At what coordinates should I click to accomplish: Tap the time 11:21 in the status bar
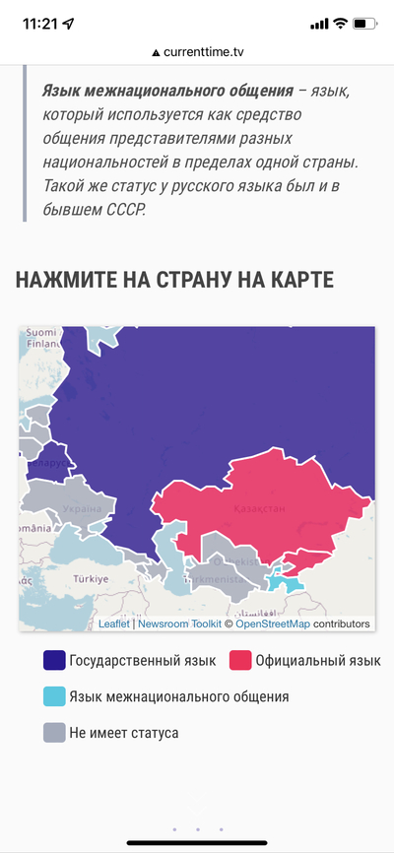pos(40,23)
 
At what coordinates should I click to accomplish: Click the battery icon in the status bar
pos(364,23)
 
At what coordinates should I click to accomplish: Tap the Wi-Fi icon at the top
pos(341,23)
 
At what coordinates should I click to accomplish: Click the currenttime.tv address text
pos(203,51)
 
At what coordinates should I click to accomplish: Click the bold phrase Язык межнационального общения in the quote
pos(167,91)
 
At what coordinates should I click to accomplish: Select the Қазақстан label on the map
pos(260,508)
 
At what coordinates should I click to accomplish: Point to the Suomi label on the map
pos(42,332)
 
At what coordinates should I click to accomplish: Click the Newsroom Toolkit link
pos(179,623)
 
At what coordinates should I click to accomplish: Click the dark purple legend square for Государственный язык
pos(55,660)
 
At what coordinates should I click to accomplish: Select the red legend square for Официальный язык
pos(240,660)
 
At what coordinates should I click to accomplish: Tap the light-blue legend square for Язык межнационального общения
pos(55,696)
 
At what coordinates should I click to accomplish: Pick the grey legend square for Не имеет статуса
pos(55,733)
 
